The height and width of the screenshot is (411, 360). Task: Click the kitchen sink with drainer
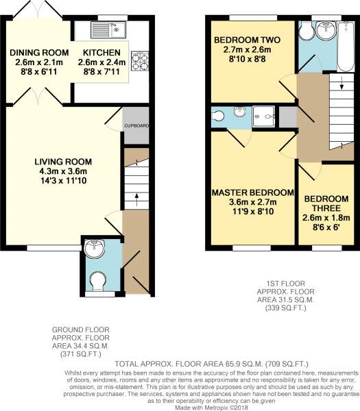coord(108,30)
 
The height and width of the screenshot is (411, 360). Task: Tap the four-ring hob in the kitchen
coord(140,61)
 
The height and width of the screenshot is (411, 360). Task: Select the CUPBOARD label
coord(136,126)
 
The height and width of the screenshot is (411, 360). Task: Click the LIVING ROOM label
coord(63,162)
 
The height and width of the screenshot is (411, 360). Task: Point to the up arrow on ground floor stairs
coord(136,200)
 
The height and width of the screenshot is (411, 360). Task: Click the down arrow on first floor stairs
coord(341,83)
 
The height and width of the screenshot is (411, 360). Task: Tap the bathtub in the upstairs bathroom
coord(346,47)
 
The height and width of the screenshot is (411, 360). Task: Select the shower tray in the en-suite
coord(263,116)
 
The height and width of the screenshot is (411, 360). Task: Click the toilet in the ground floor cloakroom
coord(99,282)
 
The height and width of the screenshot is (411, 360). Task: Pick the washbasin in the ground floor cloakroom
coord(94,249)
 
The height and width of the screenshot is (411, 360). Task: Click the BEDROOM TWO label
coord(247,40)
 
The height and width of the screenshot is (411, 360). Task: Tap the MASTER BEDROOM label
coord(253,192)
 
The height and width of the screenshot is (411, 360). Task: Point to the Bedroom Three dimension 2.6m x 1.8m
coord(326,218)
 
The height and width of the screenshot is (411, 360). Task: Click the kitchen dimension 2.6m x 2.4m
coord(101,62)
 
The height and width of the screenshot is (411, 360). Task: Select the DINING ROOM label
coord(39,53)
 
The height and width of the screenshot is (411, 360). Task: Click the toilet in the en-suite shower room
coord(217,116)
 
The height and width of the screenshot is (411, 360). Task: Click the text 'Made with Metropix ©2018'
coord(211,408)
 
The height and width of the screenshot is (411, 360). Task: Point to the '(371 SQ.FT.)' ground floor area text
coord(80,355)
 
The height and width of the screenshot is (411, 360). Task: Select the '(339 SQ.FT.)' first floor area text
coord(286,308)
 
